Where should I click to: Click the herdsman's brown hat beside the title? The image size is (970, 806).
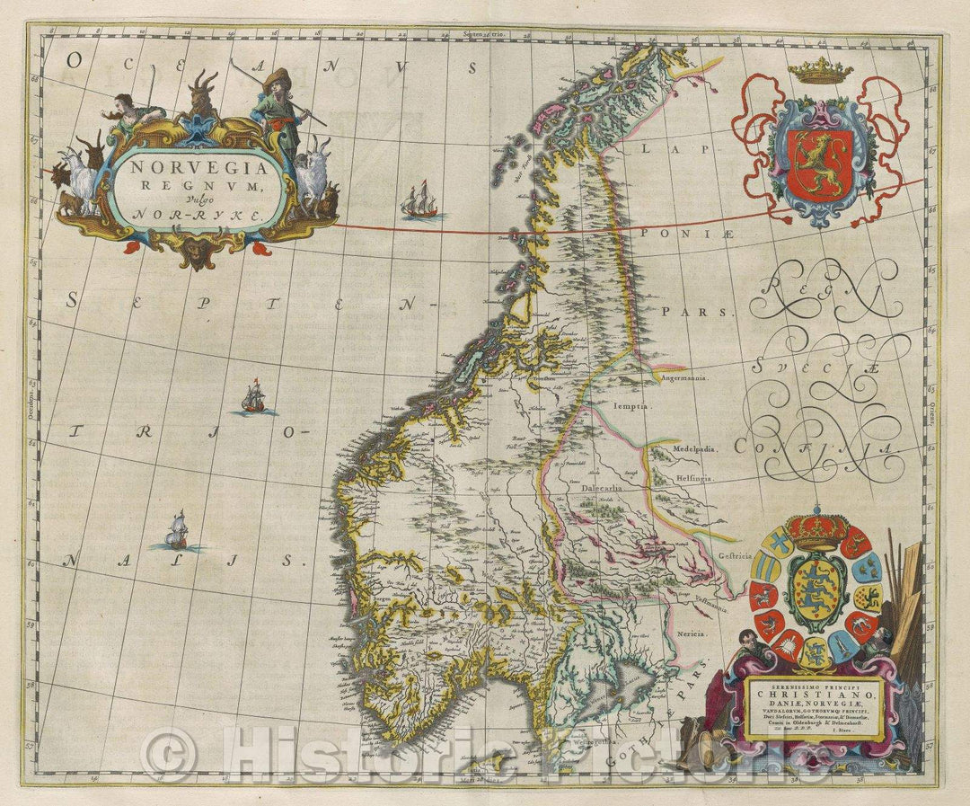(x=277, y=75)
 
